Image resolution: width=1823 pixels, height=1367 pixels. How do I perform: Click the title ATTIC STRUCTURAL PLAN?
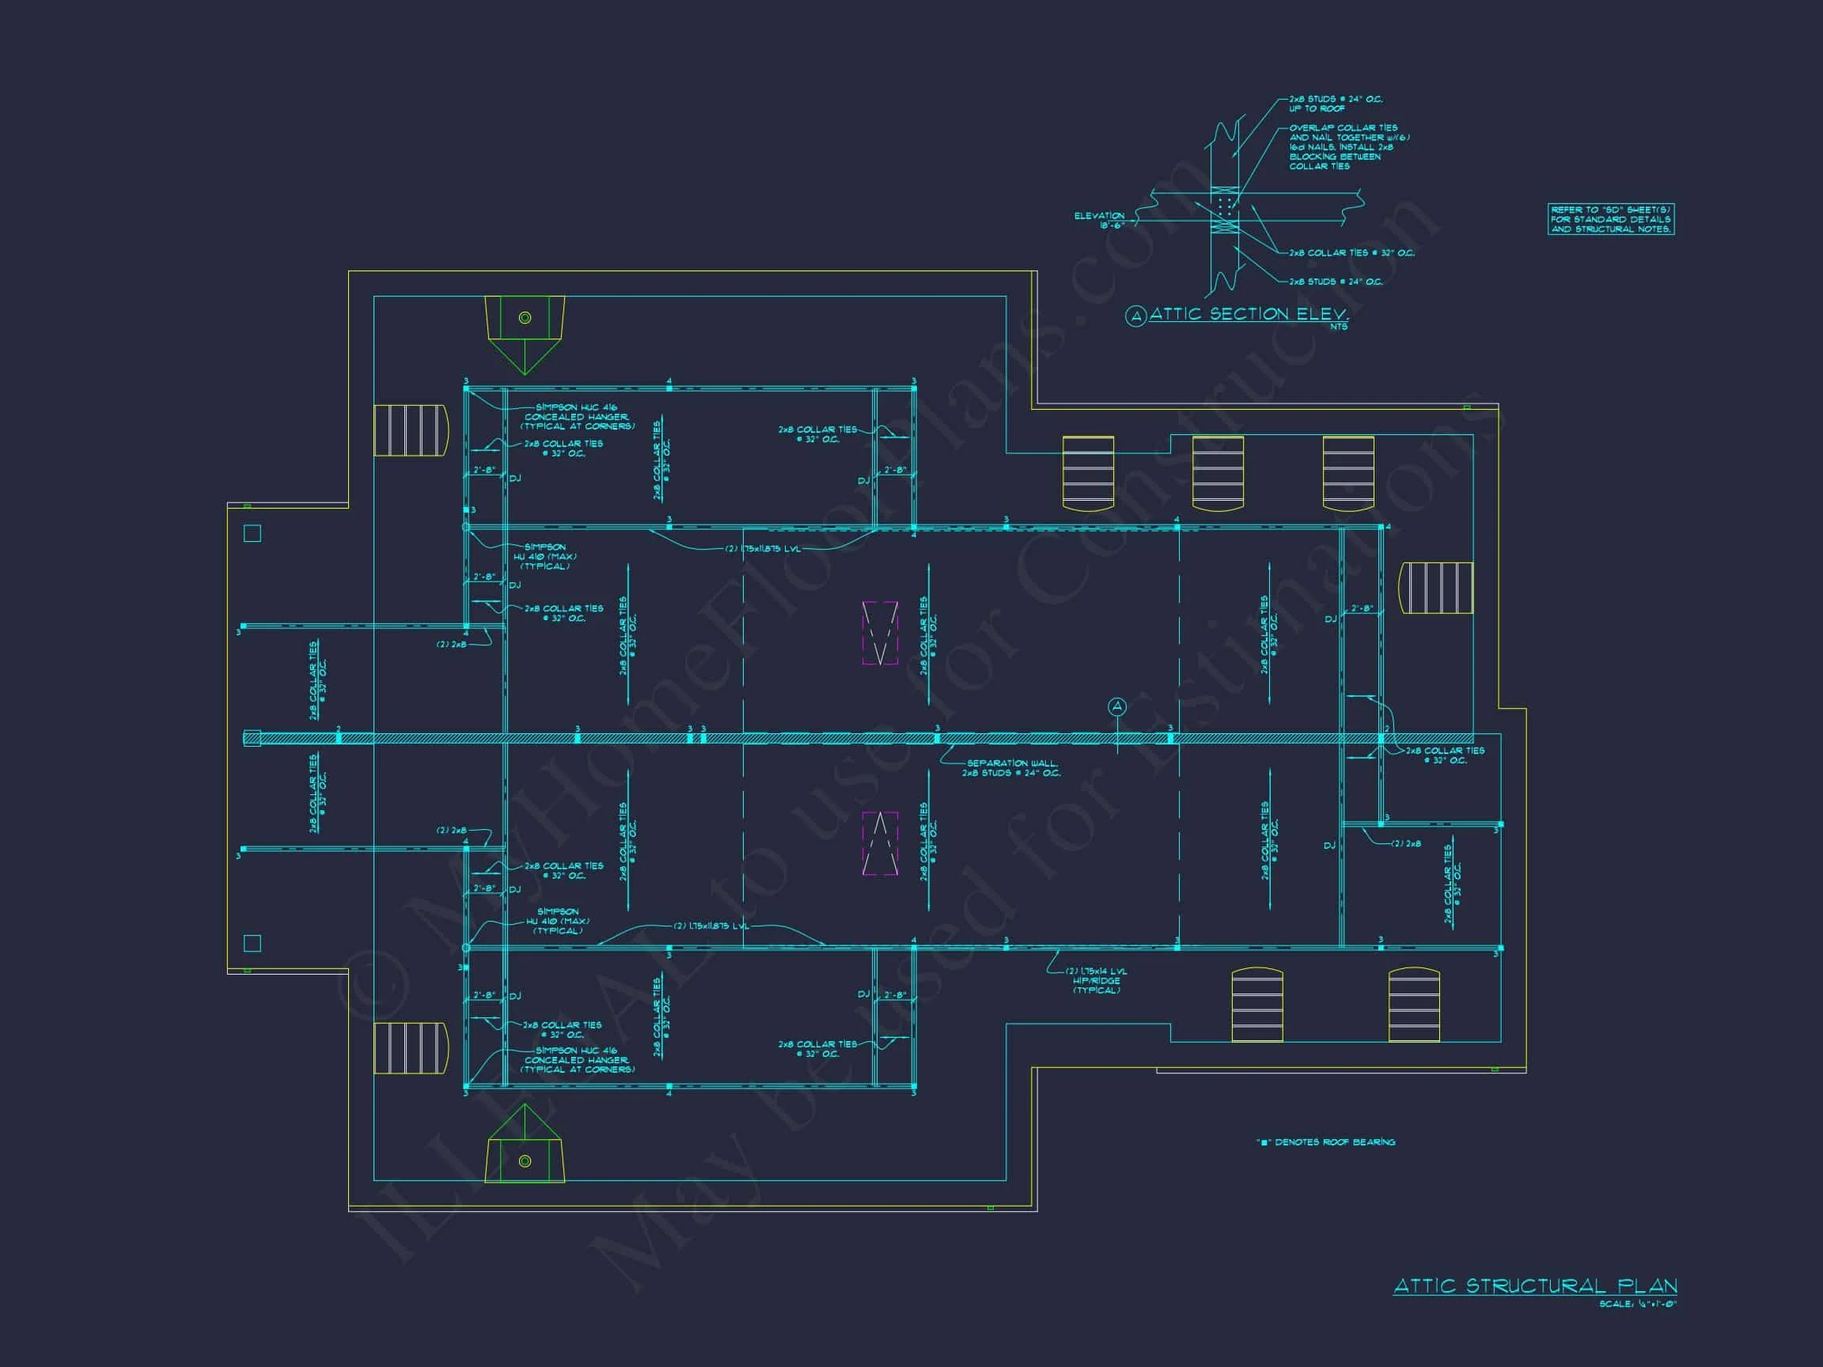tap(1534, 1286)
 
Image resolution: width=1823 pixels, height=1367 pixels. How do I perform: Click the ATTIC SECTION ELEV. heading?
tap(1249, 314)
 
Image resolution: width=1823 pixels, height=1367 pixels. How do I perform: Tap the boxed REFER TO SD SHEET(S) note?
tap(1610, 219)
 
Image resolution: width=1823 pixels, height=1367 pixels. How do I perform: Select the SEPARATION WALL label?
tap(1011, 768)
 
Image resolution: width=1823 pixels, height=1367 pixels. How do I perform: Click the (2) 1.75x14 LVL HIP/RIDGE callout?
tap(1096, 980)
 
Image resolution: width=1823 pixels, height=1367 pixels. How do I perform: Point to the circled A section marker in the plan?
tap(1117, 706)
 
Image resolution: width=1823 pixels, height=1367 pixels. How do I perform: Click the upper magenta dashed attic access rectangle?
tap(879, 633)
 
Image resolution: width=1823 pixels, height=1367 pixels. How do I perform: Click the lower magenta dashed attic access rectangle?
tap(879, 843)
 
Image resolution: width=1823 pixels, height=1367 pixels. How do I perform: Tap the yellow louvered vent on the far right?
tap(1436, 588)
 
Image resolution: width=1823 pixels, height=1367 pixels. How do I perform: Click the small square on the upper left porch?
tap(253, 533)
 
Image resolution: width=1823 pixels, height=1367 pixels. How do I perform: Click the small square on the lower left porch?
tap(253, 944)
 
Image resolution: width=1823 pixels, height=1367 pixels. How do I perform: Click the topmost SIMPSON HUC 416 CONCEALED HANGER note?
tap(577, 416)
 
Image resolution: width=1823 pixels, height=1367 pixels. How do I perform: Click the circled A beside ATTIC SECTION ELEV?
tap(1135, 316)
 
